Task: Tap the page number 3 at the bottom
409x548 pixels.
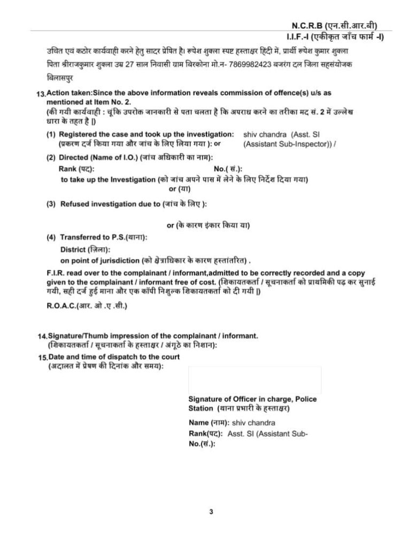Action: (x=211, y=513)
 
